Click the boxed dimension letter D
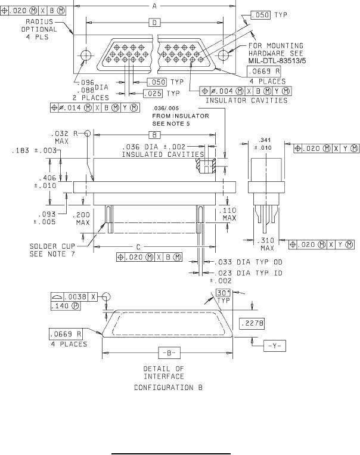154,22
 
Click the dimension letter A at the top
154,5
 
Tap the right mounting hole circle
224,55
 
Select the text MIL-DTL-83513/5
277,61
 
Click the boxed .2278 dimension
252,323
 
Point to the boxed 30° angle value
224,292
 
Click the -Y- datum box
274,346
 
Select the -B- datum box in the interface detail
169,353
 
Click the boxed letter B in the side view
154,135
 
